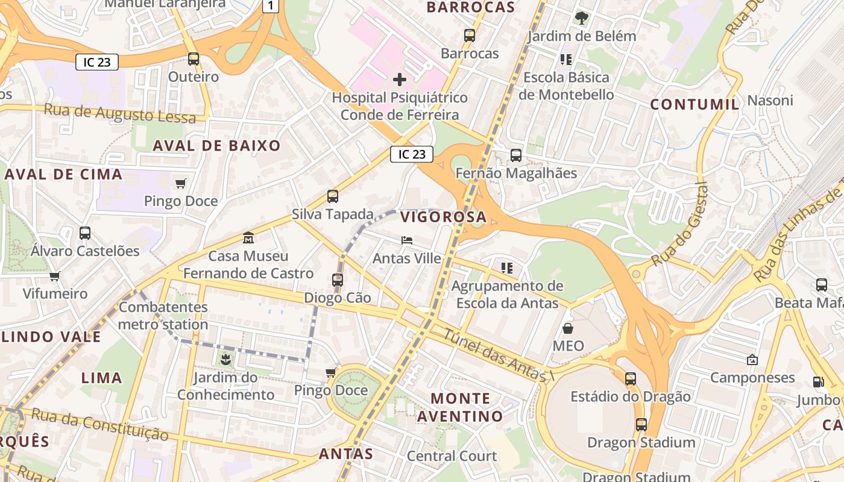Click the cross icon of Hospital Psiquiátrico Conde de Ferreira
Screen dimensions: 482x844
[399, 80]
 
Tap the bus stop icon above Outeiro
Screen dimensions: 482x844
[193, 59]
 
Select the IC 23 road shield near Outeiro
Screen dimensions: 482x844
[97, 62]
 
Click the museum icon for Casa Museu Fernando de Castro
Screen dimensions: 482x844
[248, 238]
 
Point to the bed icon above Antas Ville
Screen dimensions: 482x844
[407, 240]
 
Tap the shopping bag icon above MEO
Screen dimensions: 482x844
[568, 328]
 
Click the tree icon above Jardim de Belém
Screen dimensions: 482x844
[581, 18]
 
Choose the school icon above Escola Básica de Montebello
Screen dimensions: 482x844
[565, 59]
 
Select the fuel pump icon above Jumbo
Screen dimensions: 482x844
[818, 381]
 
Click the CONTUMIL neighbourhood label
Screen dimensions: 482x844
[694, 104]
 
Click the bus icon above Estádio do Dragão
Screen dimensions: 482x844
[630, 379]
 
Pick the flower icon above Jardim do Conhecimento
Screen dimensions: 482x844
[225, 360]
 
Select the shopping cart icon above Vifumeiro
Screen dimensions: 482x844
[55, 276]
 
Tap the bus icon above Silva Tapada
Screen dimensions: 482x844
[332, 196]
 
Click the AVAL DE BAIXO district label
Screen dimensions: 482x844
[216, 145]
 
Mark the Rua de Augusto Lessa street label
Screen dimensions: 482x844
[120, 113]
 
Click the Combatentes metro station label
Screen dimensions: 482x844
[163, 316]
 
